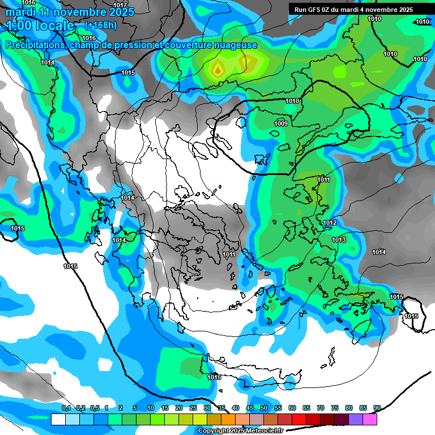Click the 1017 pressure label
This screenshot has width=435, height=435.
121,5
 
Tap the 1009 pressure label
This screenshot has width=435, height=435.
281,123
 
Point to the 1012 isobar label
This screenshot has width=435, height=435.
330,223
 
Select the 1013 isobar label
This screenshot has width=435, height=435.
339,240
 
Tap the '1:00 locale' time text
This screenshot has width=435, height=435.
40,26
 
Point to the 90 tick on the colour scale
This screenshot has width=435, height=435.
377,408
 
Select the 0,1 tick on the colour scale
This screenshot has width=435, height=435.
66,408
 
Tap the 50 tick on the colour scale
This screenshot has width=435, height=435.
264,408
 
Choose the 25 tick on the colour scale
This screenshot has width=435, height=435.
193,408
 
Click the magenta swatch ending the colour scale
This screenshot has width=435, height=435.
370,419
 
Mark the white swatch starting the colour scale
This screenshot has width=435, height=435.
58,419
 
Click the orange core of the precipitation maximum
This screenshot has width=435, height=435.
218,71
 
